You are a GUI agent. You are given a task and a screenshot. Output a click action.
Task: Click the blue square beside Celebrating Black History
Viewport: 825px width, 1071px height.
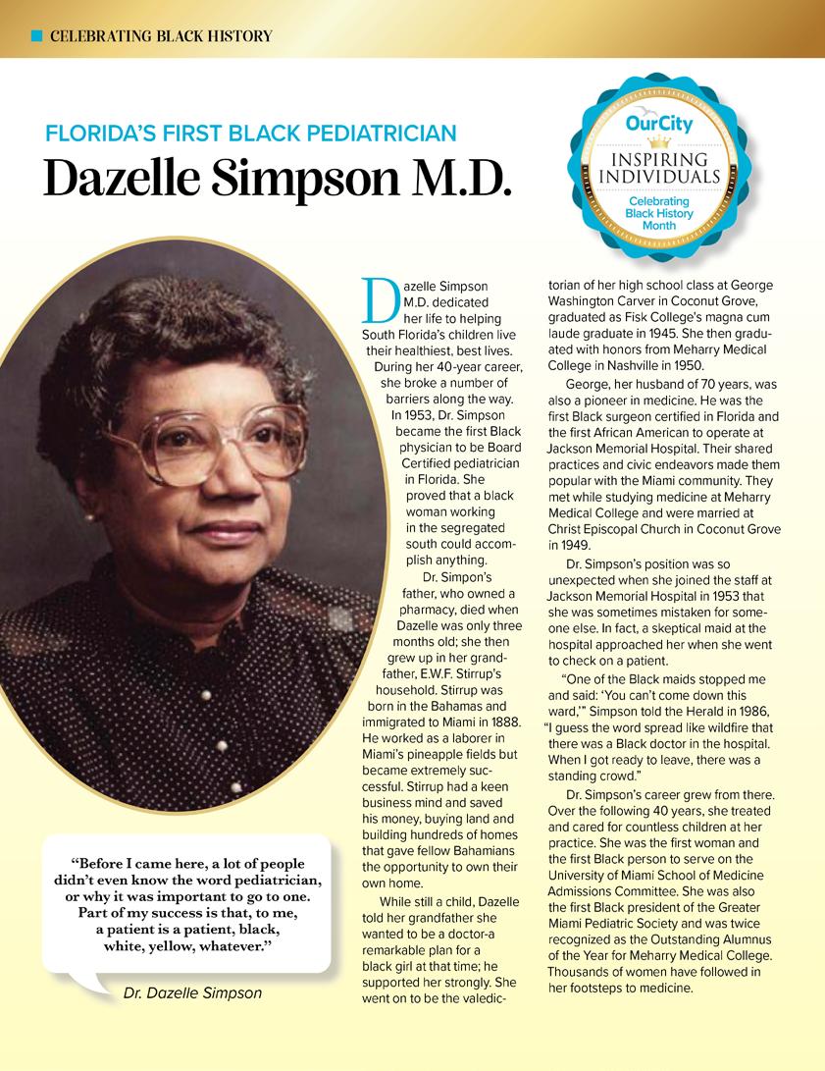[36, 36]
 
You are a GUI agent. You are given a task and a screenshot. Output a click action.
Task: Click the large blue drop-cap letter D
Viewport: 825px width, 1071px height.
[378, 300]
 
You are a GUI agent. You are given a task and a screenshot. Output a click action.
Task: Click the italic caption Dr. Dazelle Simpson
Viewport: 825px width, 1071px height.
[192, 992]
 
